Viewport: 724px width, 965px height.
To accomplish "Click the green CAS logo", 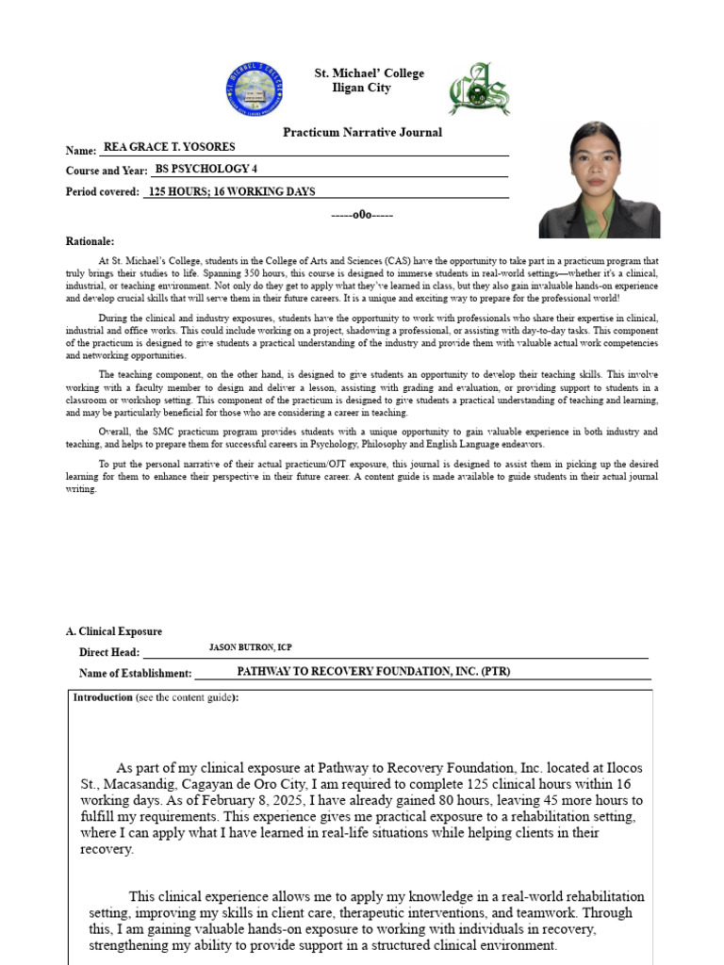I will pyautogui.click(x=479, y=90).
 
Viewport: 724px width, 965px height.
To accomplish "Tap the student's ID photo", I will pyautogui.click(x=599, y=180).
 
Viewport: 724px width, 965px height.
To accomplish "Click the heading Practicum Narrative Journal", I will pyautogui.click(x=362, y=132).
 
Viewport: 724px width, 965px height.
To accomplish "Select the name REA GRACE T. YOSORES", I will pyautogui.click(x=170, y=147).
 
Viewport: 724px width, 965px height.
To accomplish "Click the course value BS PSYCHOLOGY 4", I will pyautogui.click(x=206, y=169).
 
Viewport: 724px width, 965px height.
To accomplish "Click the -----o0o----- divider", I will pyautogui.click(x=362, y=215).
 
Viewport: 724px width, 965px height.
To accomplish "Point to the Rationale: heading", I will pyautogui.click(x=90, y=241).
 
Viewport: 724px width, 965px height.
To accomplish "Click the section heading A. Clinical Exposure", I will pyautogui.click(x=113, y=631).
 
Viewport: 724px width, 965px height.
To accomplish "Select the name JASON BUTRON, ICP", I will pyautogui.click(x=250, y=648).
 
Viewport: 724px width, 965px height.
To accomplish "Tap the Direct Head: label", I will pyautogui.click(x=109, y=652).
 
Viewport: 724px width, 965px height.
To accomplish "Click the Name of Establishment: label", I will pyautogui.click(x=135, y=674).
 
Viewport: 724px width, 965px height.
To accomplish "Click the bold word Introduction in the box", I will pyautogui.click(x=104, y=697).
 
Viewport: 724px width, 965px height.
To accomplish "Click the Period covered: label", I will pyautogui.click(x=103, y=192).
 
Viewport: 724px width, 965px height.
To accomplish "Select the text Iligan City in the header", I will pyautogui.click(x=361, y=88).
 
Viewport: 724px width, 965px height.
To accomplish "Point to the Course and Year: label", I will pyautogui.click(x=107, y=171).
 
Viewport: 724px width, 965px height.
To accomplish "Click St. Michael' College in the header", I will pyautogui.click(x=369, y=74).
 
